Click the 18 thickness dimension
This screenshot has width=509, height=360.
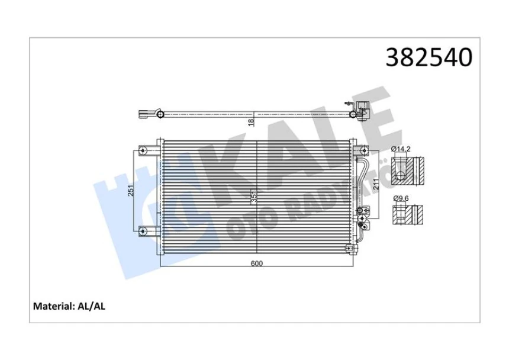click(252, 121)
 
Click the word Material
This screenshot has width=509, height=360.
click(52, 307)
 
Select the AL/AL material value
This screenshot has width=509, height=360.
click(91, 307)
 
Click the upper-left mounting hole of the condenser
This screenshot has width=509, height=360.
click(143, 151)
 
